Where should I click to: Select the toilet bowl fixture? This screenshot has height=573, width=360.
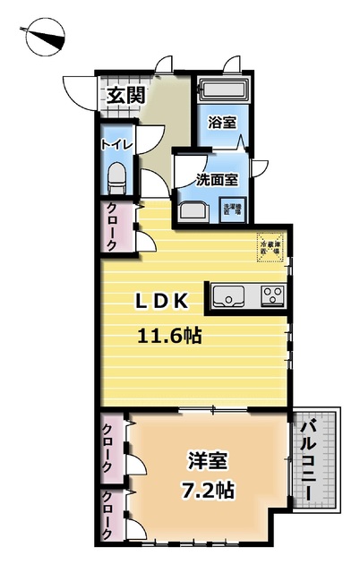[x=116, y=175]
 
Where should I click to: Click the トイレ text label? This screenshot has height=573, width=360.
[x=116, y=143]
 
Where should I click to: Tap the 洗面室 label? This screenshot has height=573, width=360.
[x=217, y=178]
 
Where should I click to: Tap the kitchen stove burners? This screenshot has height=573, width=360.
[x=271, y=295]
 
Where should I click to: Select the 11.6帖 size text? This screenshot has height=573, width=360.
[x=168, y=337]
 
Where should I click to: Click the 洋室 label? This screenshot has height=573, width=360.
[x=207, y=461]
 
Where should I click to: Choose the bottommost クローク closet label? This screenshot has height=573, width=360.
[x=109, y=514]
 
